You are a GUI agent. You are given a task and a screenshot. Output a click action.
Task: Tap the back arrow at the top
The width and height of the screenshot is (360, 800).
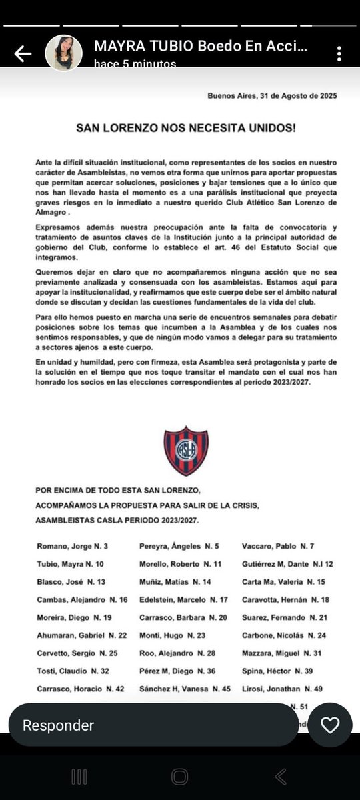23,53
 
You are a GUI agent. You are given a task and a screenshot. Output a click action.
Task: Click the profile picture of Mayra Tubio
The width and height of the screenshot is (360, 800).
64,53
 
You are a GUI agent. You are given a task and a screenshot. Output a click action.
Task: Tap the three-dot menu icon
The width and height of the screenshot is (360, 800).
339,54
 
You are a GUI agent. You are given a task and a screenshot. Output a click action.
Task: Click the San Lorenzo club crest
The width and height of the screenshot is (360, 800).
186,451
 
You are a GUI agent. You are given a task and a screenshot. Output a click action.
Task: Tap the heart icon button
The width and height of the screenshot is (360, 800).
330,725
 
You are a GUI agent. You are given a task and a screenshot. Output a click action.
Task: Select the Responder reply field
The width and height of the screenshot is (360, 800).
153,725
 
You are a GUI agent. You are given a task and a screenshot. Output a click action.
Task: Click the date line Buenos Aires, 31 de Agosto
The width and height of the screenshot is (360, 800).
272,96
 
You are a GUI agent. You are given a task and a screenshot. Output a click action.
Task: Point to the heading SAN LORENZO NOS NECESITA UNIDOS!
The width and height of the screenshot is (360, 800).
186,126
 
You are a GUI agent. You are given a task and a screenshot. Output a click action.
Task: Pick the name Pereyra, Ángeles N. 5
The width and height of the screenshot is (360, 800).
179,547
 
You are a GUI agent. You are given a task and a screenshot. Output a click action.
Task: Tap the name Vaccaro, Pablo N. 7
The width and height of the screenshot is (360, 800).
278,547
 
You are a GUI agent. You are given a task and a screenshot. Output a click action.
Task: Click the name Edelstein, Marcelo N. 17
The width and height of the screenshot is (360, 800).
183,600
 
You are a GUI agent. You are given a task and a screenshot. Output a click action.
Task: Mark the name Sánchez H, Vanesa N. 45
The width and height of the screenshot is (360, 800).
185,689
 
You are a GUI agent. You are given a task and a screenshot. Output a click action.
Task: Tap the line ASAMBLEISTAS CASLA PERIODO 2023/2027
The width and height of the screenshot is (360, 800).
117,520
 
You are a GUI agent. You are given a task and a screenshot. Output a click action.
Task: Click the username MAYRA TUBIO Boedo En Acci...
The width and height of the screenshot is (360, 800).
201,47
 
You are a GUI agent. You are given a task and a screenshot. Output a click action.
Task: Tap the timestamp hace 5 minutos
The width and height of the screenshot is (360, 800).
135,63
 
